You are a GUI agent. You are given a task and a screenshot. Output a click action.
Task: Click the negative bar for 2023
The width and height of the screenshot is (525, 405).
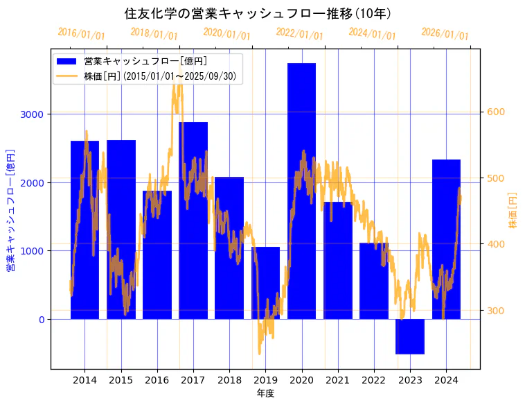(410, 336)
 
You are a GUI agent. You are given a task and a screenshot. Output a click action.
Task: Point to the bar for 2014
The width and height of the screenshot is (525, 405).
(84, 230)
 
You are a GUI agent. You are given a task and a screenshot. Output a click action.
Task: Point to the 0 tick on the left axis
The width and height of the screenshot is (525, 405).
(41, 320)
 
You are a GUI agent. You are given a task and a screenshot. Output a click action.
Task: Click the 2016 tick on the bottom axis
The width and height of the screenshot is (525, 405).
(157, 380)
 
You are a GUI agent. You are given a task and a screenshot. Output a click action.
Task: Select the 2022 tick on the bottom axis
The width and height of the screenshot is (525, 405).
(374, 380)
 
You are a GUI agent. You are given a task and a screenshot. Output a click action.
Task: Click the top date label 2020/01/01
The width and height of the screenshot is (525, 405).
(226, 33)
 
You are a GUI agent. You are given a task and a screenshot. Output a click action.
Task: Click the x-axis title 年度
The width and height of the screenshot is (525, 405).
(265, 393)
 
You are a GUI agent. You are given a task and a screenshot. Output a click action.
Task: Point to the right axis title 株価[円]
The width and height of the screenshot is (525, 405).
(513, 212)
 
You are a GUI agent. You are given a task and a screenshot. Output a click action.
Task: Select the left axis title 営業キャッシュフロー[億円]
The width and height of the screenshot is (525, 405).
(10, 210)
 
